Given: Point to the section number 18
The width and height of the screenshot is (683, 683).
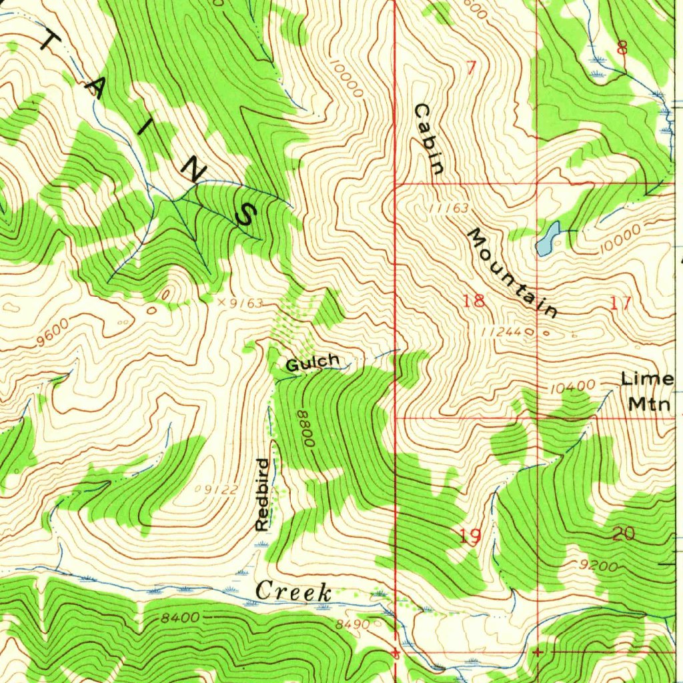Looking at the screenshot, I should click(x=474, y=301).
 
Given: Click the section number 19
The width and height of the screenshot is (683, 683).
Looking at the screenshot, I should click(x=471, y=536).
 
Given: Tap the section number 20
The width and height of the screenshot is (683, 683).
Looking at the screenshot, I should click(x=623, y=534).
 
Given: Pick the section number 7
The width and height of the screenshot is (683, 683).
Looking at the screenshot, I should click(x=472, y=67).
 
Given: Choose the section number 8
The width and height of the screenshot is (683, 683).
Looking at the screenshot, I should click(x=622, y=47).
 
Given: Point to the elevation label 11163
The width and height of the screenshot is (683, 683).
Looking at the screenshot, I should click(x=449, y=209).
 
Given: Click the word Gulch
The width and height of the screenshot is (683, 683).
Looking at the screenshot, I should click(x=313, y=363).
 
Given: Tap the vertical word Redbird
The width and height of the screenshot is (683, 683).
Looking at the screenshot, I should click(x=262, y=494).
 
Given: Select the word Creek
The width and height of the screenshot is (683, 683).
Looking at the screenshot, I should click(x=294, y=591).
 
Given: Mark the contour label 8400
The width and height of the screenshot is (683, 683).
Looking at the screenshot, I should click(x=179, y=618).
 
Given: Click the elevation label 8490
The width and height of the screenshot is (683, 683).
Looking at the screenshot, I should click(x=352, y=624).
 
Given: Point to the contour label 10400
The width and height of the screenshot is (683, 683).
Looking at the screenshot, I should click(x=574, y=386).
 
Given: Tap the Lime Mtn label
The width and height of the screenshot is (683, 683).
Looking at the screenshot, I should click(x=647, y=391).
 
